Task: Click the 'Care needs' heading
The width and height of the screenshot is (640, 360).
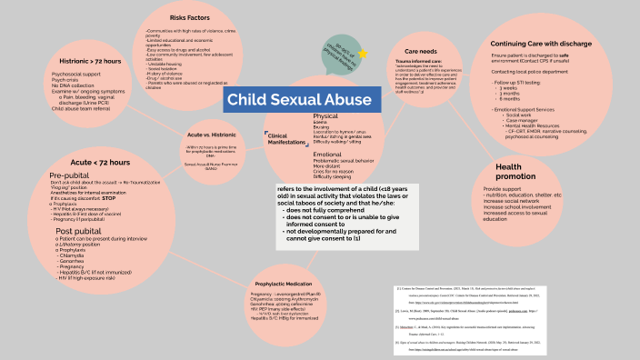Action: click(423, 53)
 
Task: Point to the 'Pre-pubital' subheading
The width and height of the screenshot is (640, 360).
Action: click(69, 174)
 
